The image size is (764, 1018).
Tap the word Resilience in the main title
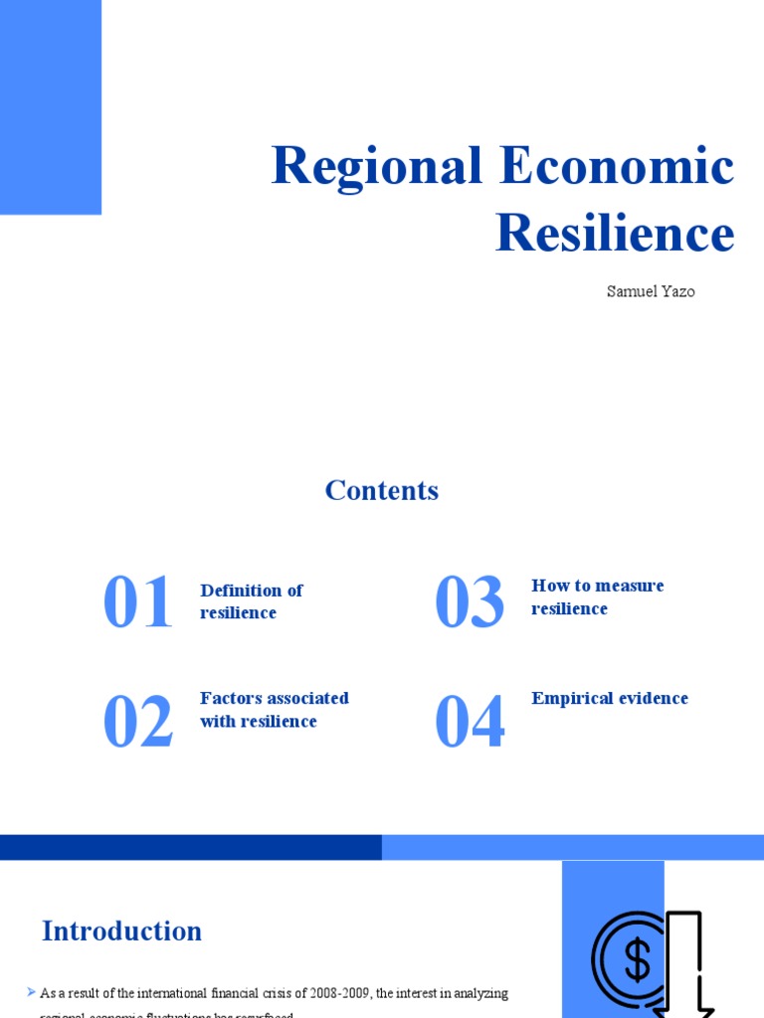[615, 234]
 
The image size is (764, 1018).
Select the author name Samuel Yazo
[651, 292]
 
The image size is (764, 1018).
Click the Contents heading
[381, 490]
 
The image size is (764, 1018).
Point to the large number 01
[137, 603]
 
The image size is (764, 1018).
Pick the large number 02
[137, 723]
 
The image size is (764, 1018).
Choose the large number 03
[470, 603]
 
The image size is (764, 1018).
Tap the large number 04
[470, 723]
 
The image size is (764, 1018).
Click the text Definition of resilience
[251, 601]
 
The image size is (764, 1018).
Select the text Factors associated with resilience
[274, 710]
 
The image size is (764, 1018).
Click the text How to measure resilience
[597, 596]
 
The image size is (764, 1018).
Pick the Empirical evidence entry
[609, 699]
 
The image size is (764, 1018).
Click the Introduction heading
[121, 932]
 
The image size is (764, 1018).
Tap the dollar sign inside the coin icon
[637, 960]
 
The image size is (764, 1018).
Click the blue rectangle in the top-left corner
[50, 106]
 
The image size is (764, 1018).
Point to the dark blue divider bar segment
[190, 847]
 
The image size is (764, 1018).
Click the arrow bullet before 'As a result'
[32, 992]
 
